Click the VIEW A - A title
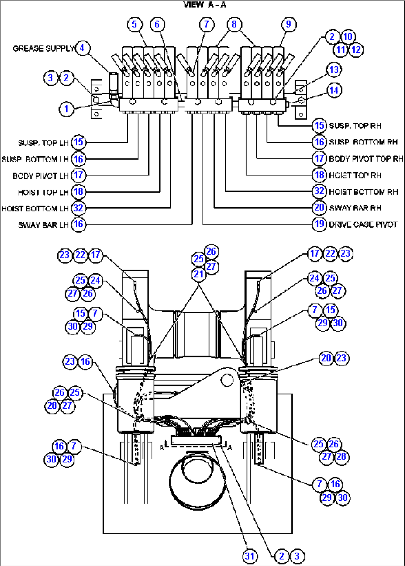205,5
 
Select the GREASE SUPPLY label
43,49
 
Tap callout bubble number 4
82,48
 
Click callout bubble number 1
67,109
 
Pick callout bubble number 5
135,24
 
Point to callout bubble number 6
157,24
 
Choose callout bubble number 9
288,24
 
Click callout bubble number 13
334,70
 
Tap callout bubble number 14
334,90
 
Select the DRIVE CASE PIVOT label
363,225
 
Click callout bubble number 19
319,224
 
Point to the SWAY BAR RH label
355,208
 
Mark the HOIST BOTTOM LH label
35,209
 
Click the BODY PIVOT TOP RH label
366,159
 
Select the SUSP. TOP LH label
43,143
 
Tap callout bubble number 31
250,556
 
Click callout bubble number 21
199,274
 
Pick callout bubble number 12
356,50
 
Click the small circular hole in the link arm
227,380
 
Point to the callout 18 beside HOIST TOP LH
78,192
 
